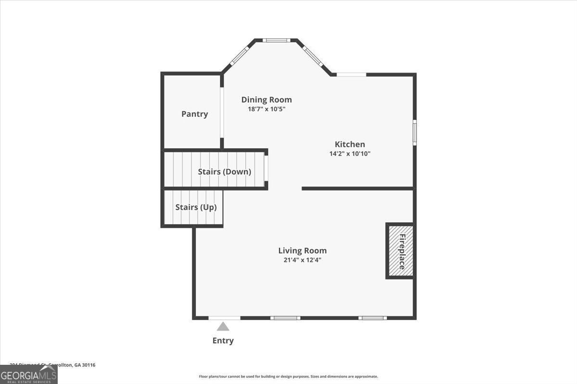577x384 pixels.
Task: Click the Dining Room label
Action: point(266,100)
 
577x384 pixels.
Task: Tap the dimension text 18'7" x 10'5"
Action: point(266,109)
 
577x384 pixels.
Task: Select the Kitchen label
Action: point(350,144)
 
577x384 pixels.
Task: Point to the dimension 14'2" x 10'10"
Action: point(350,154)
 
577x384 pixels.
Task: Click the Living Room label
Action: point(302,251)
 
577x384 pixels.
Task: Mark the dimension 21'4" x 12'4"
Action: point(302,260)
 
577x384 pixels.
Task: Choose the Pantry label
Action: point(194,114)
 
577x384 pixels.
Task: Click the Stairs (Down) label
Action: point(224,171)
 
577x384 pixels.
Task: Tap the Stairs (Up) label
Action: point(196,207)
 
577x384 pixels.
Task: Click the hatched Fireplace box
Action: point(400,251)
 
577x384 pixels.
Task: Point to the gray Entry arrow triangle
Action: point(223,327)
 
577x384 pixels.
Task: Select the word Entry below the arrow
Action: point(223,341)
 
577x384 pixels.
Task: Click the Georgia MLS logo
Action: point(28,374)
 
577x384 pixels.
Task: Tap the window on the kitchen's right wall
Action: point(414,132)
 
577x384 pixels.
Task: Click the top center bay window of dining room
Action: point(276,40)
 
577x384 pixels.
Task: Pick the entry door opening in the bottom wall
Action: point(224,318)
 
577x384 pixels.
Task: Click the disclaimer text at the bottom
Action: point(288,377)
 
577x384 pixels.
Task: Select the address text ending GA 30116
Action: point(48,365)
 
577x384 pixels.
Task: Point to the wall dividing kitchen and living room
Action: point(357,188)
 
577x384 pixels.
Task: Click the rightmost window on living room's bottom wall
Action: point(373,318)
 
